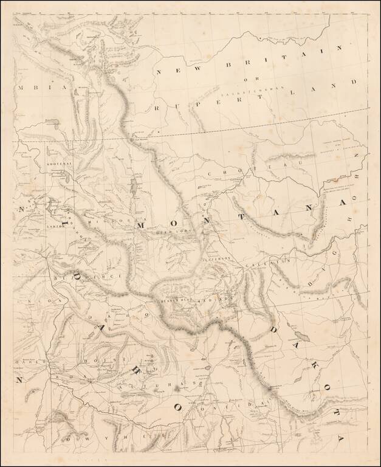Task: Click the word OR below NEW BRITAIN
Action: click(x=245, y=78)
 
